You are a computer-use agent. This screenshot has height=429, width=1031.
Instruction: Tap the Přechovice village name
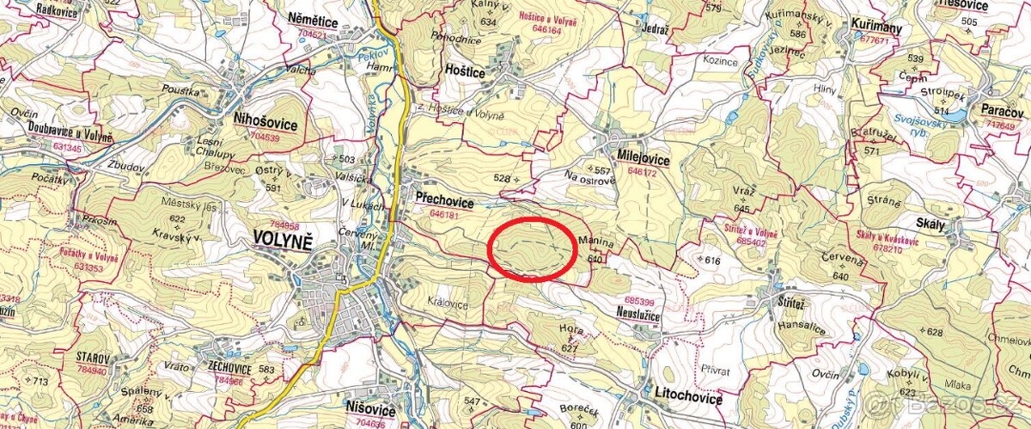[443, 198]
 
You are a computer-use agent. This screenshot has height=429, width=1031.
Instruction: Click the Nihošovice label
[265, 125]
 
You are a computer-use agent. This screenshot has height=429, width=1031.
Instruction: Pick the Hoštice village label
[465, 72]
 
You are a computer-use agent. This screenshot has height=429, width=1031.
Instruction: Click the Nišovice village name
[370, 408]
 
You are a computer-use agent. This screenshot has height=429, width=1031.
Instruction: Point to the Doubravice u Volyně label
[58, 136]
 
